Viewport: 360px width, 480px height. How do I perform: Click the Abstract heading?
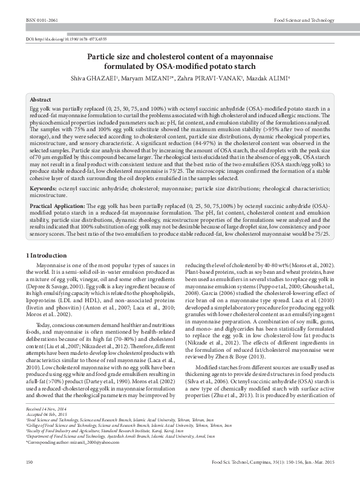pos(41,100)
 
